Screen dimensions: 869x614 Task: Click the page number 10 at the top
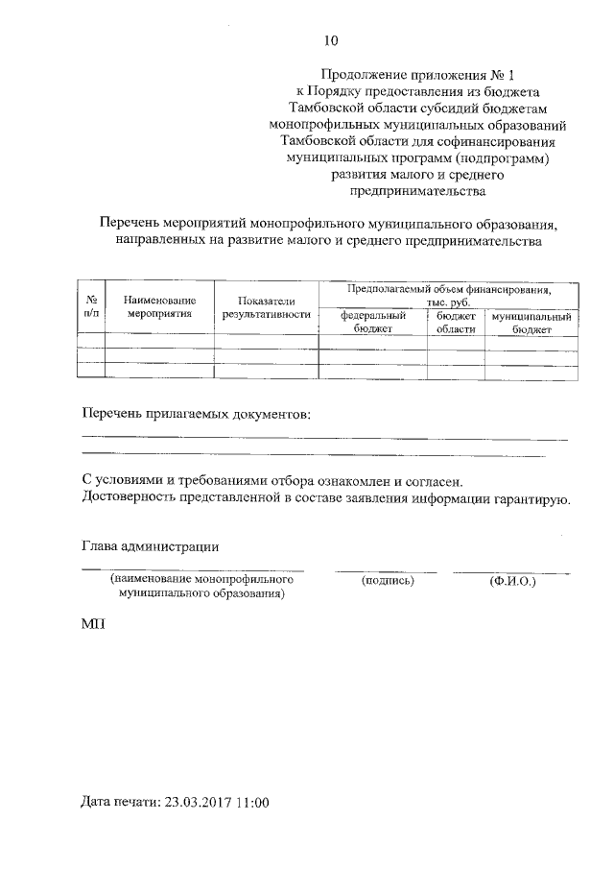[x=331, y=39]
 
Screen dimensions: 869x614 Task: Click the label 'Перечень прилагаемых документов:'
[x=197, y=415]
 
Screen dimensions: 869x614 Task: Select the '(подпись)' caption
[x=387, y=581]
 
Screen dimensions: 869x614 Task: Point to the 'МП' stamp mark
[x=93, y=624]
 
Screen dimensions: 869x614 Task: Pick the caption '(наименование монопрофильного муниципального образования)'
[x=201, y=587]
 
